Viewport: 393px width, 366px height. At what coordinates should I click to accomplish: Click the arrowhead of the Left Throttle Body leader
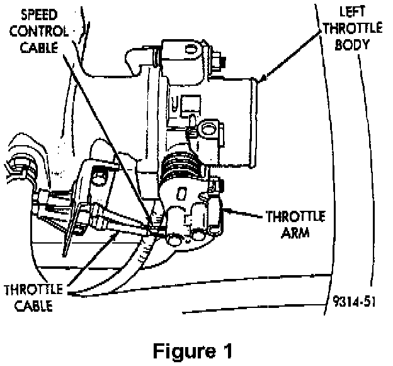[260, 80]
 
